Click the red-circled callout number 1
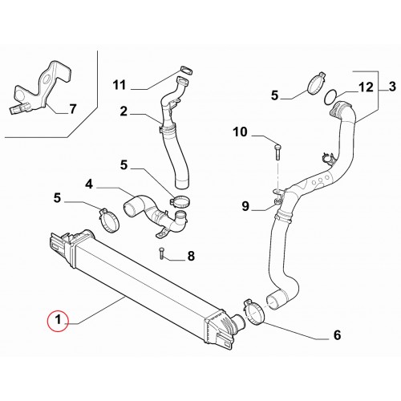[58, 320]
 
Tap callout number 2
[124, 111]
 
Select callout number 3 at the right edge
[392, 87]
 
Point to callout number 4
[89, 184]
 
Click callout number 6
[338, 335]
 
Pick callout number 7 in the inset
[73, 109]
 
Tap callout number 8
[191, 256]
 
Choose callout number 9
[245, 206]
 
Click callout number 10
[241, 132]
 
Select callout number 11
[119, 85]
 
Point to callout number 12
[366, 87]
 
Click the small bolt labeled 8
[160, 253]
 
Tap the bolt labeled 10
[277, 152]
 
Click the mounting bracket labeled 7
[43, 88]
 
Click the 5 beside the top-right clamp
[275, 95]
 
